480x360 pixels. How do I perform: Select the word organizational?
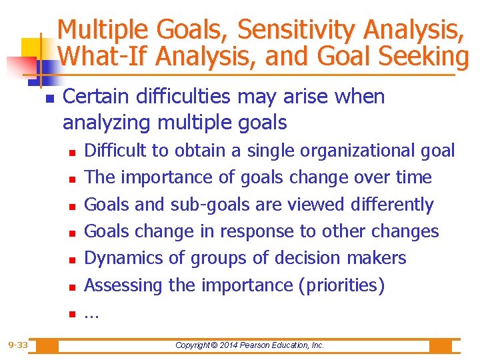click(x=351, y=151)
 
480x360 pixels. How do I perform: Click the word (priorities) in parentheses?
click(x=341, y=285)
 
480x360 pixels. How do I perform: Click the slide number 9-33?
click(x=18, y=345)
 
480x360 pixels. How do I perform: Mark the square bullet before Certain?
click(x=49, y=98)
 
